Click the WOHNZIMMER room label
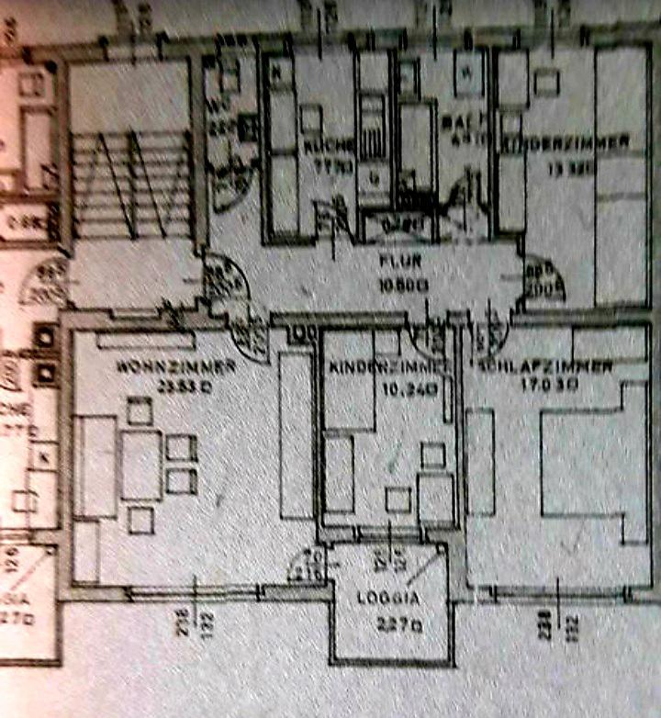(176, 366)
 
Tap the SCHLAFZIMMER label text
(545, 366)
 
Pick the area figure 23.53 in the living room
(178, 386)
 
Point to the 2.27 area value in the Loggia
(392, 627)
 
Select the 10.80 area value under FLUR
(403, 285)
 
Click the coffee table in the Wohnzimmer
(141, 464)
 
